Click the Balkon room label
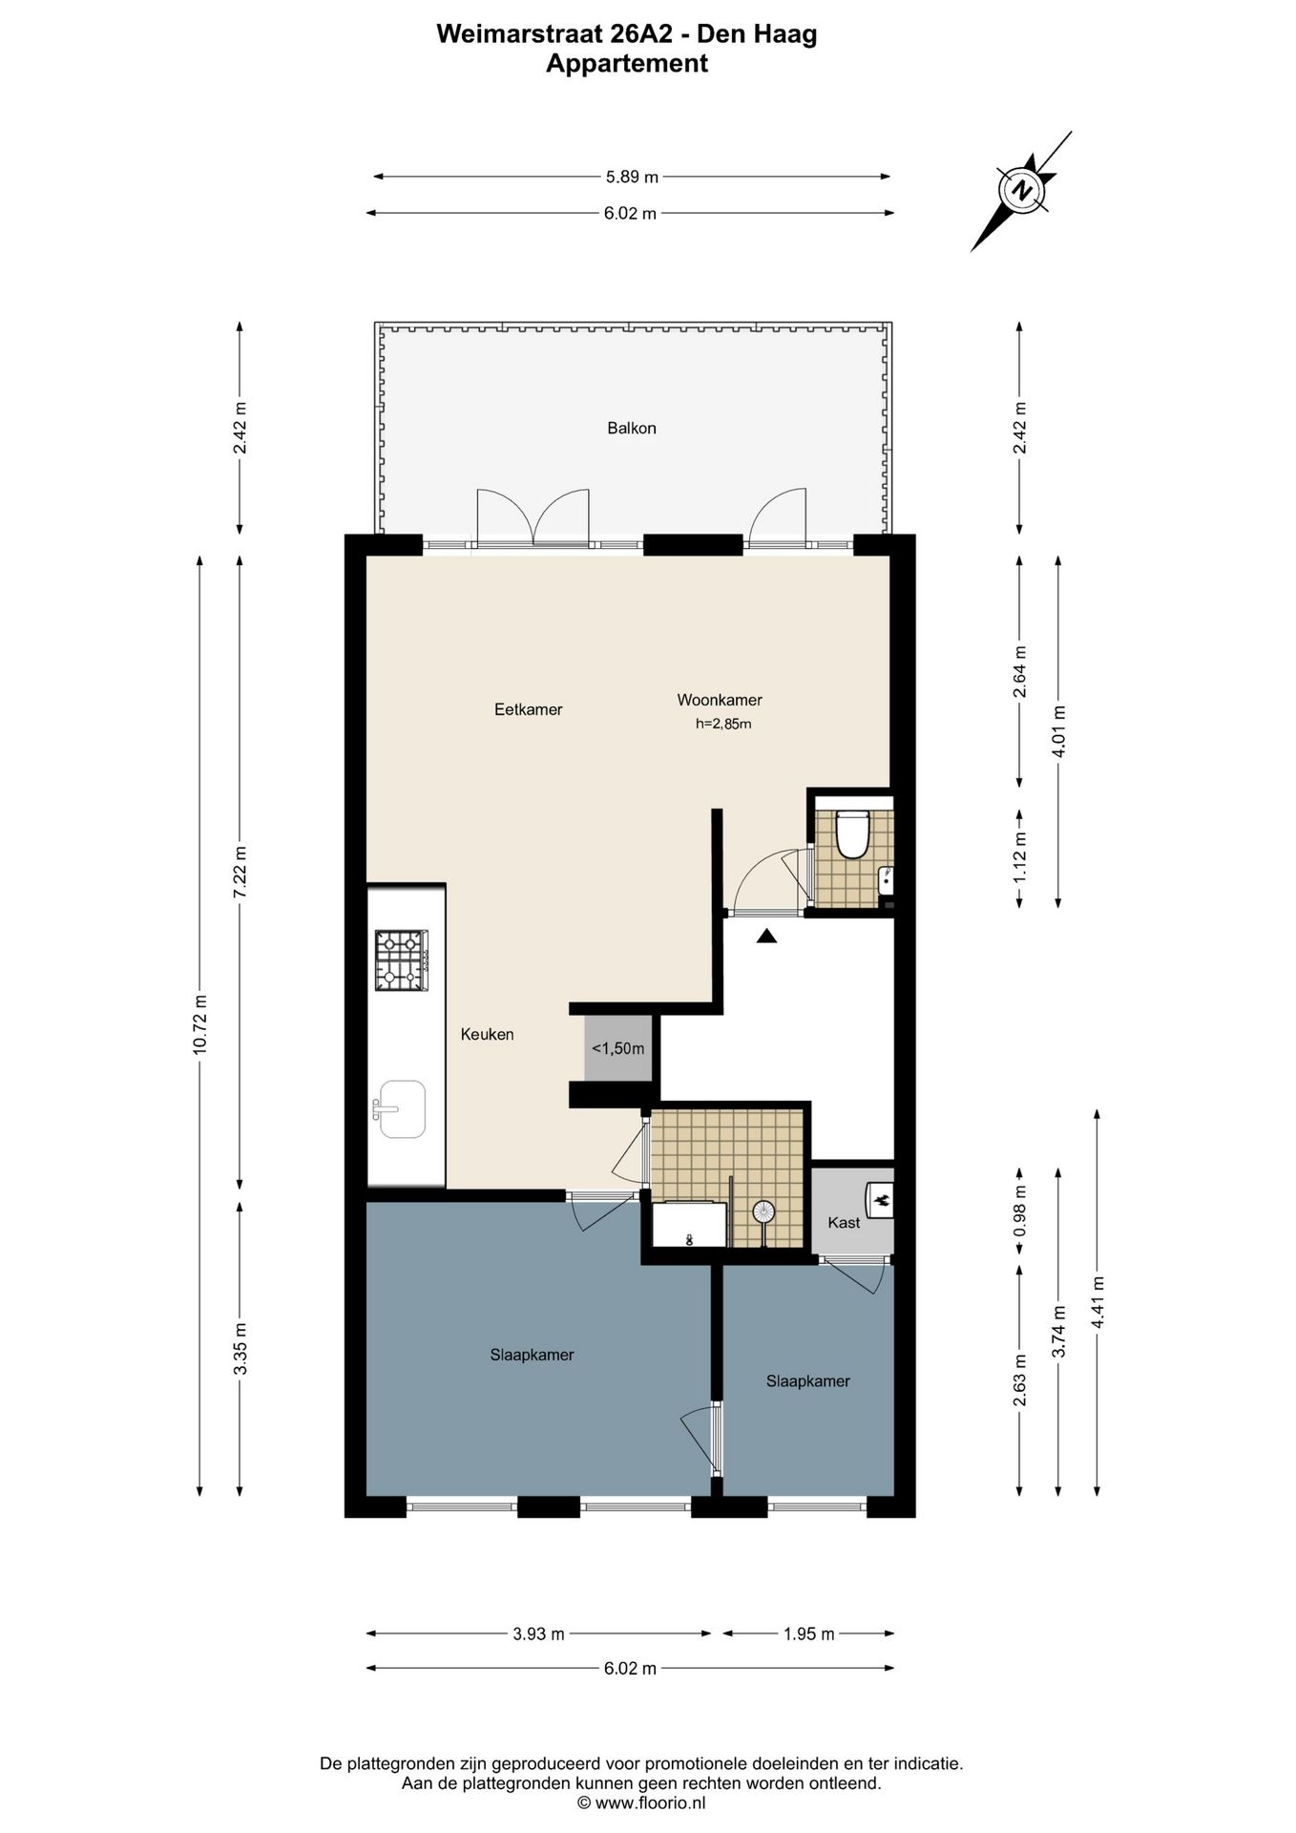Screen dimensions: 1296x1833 [632, 429]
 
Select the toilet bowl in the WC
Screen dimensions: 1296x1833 [850, 834]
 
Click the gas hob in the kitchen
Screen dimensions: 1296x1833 [401, 960]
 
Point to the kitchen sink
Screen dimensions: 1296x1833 [402, 1109]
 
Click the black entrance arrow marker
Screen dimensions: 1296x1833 [767, 937]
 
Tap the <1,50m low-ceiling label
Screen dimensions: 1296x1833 [618, 1048]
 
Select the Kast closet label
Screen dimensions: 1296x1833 [844, 1222]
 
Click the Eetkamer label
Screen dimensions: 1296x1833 [528, 709]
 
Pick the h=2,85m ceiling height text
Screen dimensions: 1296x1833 [723, 724]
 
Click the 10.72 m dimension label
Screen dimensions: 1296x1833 [199, 1024]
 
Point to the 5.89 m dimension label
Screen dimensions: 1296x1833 [632, 177]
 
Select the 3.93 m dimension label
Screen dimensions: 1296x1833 [538, 1633]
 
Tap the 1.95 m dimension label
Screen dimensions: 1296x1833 [808, 1633]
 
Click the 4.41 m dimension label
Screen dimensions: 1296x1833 [1097, 1302]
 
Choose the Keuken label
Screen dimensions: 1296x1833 [487, 1034]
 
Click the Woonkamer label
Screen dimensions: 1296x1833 [720, 700]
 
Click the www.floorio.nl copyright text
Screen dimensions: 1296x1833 [641, 1803]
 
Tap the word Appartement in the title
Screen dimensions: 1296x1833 [627, 64]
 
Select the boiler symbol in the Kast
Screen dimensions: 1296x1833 [880, 1197]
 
